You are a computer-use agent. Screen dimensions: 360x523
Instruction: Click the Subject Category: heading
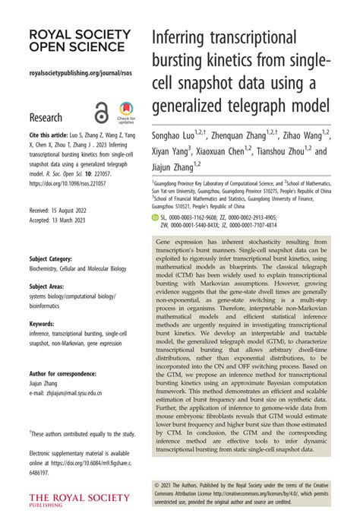pyautogui.click(x=55, y=258)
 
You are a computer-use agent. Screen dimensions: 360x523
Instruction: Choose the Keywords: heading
pyautogui.click(x=44, y=323)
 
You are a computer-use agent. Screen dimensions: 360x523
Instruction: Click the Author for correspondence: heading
pyautogui.click(x=62, y=374)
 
